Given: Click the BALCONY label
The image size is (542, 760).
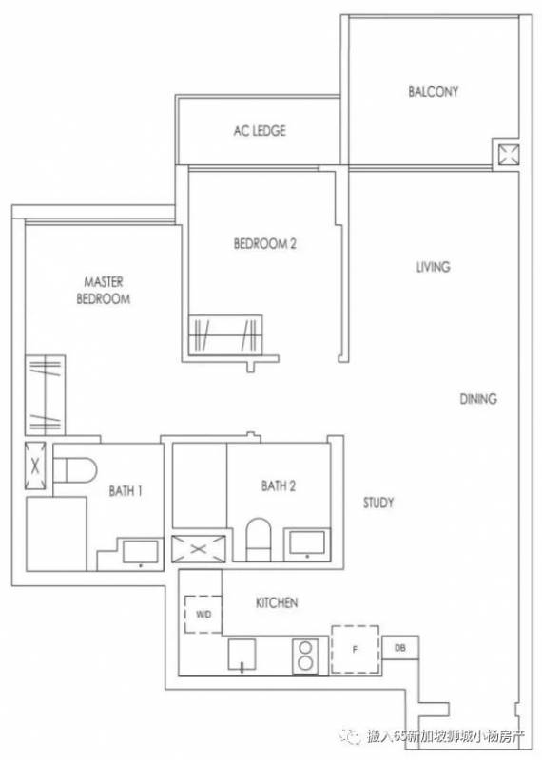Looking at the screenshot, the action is pyautogui.click(x=433, y=91).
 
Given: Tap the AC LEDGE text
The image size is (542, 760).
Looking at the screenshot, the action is pyautogui.click(x=260, y=130).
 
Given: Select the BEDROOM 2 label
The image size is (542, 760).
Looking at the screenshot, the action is pyautogui.click(x=265, y=243).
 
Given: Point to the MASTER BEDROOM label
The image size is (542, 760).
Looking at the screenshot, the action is pyautogui.click(x=104, y=290).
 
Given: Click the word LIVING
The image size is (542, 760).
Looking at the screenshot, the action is pyautogui.click(x=433, y=267).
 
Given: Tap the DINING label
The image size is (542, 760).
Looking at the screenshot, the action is pyautogui.click(x=478, y=398).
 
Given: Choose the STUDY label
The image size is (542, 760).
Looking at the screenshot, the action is pyautogui.click(x=378, y=503).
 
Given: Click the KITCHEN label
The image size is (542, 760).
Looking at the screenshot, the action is pyautogui.click(x=277, y=602).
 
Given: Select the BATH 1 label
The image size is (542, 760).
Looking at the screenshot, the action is pyautogui.click(x=126, y=491).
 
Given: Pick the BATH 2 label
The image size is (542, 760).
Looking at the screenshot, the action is pyautogui.click(x=278, y=485).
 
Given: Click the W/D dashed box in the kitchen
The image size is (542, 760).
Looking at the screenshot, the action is pyautogui.click(x=203, y=614).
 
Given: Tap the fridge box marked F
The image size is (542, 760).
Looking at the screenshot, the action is pyautogui.click(x=356, y=649).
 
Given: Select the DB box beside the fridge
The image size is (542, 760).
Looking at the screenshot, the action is pyautogui.click(x=400, y=648).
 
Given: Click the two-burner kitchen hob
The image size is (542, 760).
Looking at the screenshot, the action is pyautogui.click(x=305, y=655).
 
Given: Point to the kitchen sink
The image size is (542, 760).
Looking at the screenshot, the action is pyautogui.click(x=242, y=655).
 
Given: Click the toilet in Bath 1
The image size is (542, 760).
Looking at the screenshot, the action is pyautogui.click(x=75, y=469).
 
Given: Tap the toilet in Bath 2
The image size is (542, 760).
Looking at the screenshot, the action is pyautogui.click(x=258, y=540).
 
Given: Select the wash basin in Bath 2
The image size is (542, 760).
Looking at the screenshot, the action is pyautogui.click(x=307, y=542).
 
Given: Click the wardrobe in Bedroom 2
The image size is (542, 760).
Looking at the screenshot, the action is pyautogui.click(x=225, y=335).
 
